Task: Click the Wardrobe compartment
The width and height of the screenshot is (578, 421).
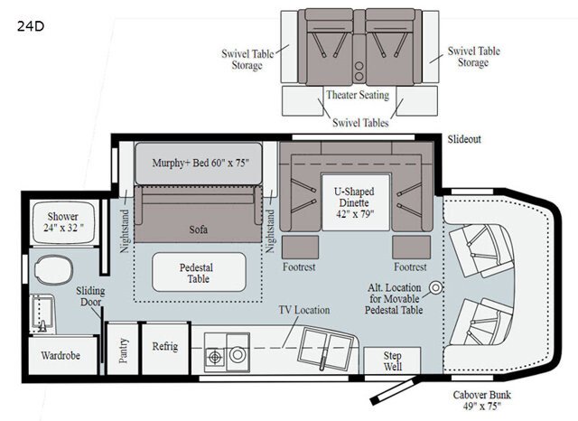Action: click(x=61, y=355)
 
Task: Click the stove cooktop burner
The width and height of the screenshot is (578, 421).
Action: click(x=215, y=356)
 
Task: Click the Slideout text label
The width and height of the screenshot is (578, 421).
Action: click(x=465, y=138)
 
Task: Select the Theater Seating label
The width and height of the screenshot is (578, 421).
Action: click(x=357, y=95)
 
